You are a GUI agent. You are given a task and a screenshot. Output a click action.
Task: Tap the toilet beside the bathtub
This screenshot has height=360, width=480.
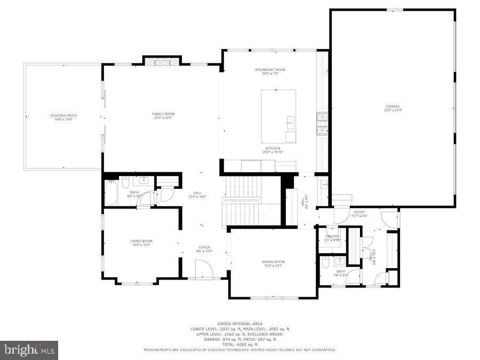click(125, 183)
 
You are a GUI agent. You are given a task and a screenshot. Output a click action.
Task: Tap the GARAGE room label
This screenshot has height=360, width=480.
click(393, 106)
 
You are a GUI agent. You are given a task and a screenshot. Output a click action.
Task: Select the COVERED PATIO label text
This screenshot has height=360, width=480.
click(63, 115)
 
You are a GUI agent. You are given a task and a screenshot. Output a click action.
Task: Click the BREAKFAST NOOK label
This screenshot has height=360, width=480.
click(270, 70)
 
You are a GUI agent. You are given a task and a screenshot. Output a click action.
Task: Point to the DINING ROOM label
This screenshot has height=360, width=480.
click(273, 261)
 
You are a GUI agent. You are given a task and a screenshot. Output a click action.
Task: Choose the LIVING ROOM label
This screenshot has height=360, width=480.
click(141, 241)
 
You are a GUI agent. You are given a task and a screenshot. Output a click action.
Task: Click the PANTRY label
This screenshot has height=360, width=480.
click(332, 236)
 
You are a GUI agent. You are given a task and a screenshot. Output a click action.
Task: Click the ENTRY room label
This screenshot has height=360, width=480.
click(358, 212)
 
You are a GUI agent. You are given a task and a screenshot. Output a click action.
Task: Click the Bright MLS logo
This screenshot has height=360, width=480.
click(29, 350)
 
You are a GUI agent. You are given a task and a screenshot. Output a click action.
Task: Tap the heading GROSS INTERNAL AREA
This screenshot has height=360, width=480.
click(239, 324)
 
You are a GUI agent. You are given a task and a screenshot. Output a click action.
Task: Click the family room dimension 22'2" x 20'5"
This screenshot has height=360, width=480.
click(163, 118)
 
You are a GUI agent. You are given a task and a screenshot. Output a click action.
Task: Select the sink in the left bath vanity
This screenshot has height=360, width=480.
click(144, 180)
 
